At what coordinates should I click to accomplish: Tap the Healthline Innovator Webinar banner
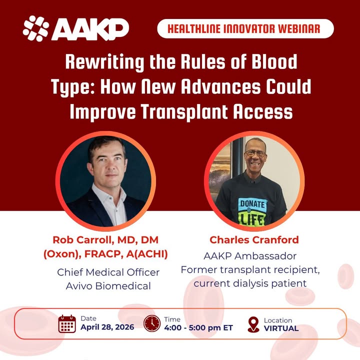pyautogui.click(x=245, y=28)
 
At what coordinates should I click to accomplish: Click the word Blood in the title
pyautogui.click(x=274, y=62)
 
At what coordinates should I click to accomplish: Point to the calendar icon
pyautogui.click(x=67, y=323)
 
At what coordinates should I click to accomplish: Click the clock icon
pyautogui.click(x=152, y=323)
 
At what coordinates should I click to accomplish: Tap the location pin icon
pyautogui.click(x=253, y=324)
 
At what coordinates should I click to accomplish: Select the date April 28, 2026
pyautogui.click(x=107, y=328)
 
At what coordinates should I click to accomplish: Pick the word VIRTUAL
pyautogui.click(x=281, y=328)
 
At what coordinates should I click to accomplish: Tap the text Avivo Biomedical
pyautogui.click(x=108, y=286)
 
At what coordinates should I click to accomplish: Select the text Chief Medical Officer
pyautogui.click(x=108, y=272)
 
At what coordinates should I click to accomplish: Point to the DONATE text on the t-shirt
pyautogui.click(x=253, y=204)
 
